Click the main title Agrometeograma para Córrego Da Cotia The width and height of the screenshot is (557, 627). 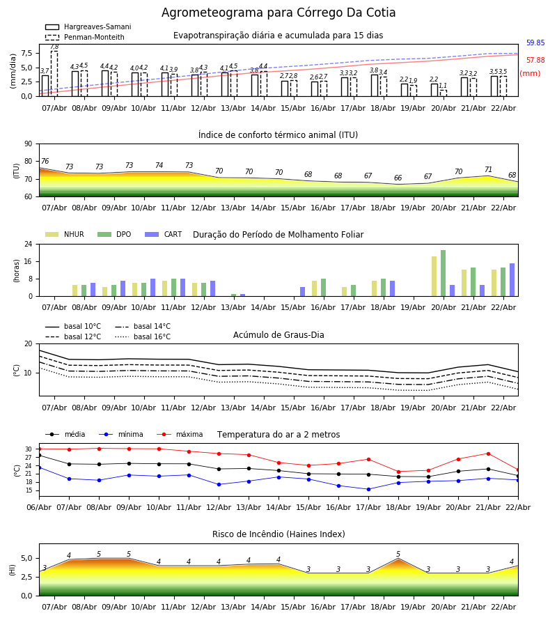point(278,13)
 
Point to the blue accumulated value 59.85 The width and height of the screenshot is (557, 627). point(535,43)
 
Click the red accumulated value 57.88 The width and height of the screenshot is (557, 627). point(535,61)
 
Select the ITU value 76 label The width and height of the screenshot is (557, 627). point(45,162)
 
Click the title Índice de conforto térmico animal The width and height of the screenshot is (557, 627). point(278,135)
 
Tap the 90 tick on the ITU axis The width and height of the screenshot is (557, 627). point(28,144)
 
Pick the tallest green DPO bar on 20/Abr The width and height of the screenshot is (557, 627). point(443,273)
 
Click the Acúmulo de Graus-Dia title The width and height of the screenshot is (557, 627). point(278,335)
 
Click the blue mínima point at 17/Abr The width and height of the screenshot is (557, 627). point(368,489)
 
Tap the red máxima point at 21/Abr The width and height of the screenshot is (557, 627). point(488,454)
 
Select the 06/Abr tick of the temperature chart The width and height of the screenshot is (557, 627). point(39,506)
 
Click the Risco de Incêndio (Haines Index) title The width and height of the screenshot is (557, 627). point(278,534)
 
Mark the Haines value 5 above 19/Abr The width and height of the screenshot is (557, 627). point(398,555)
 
